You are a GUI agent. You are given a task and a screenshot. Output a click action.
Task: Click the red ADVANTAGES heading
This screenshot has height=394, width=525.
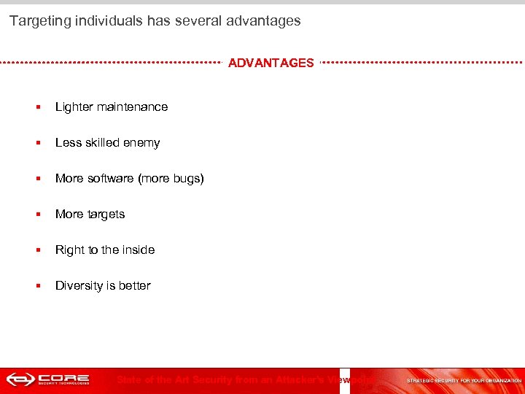[271, 63]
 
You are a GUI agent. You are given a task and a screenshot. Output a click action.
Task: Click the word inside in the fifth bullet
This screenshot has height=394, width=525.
[139, 250]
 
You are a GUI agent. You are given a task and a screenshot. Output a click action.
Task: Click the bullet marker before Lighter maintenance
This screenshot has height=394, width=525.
[37, 107]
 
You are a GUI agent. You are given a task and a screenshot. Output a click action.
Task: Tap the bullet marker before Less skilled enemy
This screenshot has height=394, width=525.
[37, 143]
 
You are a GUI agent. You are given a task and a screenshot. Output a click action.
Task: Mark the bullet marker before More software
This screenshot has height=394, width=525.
[37, 179]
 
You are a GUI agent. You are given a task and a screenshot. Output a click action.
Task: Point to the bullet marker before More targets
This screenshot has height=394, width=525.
[37, 215]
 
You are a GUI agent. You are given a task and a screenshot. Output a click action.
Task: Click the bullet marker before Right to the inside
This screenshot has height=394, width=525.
[37, 250]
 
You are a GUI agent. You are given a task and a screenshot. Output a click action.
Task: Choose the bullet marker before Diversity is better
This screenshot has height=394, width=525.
[37, 286]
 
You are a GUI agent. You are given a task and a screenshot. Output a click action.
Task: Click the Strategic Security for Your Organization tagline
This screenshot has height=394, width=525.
[464, 381]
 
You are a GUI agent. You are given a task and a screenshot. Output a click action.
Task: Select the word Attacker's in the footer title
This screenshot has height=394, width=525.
[299, 379]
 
